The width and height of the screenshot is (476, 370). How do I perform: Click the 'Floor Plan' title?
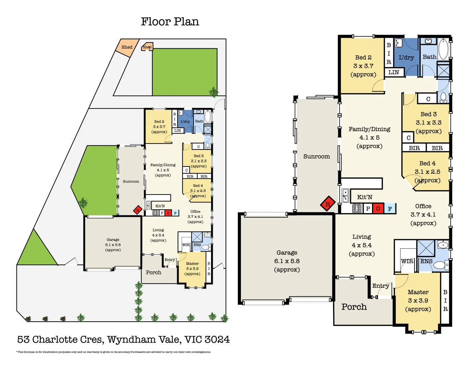tap(170, 22)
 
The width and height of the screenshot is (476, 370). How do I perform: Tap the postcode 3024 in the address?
tap(217, 340)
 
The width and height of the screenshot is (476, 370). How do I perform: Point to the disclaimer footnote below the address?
tap(114, 352)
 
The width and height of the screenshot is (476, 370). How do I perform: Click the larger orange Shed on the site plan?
tap(127, 47)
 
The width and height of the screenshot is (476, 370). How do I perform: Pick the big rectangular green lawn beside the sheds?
tap(185, 72)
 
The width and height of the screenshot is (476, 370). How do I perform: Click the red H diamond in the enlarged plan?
tap(328, 204)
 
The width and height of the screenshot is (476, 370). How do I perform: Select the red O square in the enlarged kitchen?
tap(378, 208)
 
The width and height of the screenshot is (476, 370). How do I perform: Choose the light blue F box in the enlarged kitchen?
tap(390, 208)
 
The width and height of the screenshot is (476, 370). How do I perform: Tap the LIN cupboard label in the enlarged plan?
tap(394, 72)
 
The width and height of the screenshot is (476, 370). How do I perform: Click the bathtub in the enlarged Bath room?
tap(443, 49)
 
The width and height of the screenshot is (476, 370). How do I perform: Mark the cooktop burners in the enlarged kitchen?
tap(357, 208)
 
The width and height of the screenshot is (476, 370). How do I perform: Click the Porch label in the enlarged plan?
tap(354, 307)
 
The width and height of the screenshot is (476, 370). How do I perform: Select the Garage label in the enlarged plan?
tap(287, 253)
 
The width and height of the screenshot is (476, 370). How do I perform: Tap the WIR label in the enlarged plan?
tap(407, 261)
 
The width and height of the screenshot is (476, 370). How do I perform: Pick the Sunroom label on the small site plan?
tap(131, 182)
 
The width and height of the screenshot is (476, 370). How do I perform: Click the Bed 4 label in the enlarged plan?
tap(427, 163)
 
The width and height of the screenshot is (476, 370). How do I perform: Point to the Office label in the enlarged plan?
tap(423, 206)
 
